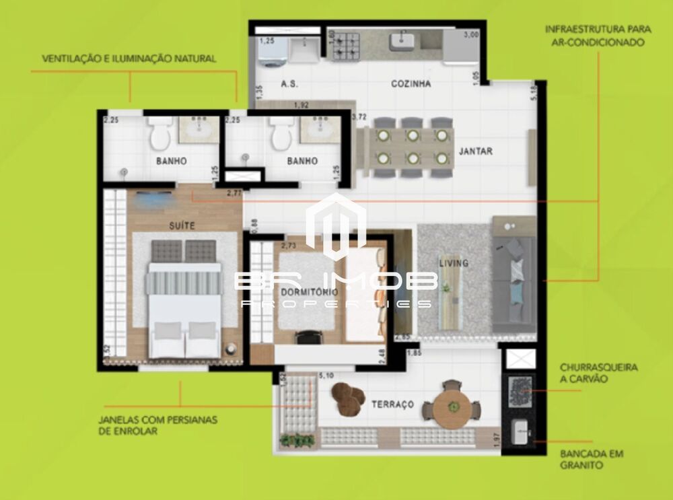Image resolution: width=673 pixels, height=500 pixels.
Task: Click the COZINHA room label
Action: click(411, 84)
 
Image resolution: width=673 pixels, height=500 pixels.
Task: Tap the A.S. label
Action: click(289, 84)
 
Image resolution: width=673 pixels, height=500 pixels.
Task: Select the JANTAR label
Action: click(475, 151)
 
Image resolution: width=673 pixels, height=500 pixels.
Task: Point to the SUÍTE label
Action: click(182, 226)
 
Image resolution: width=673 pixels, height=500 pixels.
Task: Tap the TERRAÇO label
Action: click(392, 404)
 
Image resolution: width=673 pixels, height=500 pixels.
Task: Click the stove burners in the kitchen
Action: click(346, 43)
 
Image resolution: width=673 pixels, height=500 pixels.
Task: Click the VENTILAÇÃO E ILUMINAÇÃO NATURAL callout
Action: click(129, 59)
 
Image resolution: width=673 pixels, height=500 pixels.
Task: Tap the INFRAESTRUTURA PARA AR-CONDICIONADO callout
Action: click(594, 36)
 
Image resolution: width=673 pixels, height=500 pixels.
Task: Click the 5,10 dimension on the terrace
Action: click(326, 376)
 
